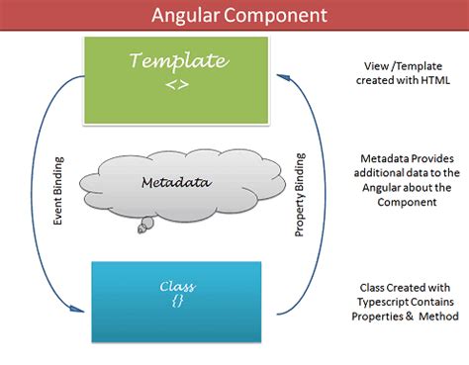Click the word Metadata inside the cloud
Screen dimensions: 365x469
click(183, 181)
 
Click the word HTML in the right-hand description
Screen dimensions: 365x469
click(432, 81)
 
